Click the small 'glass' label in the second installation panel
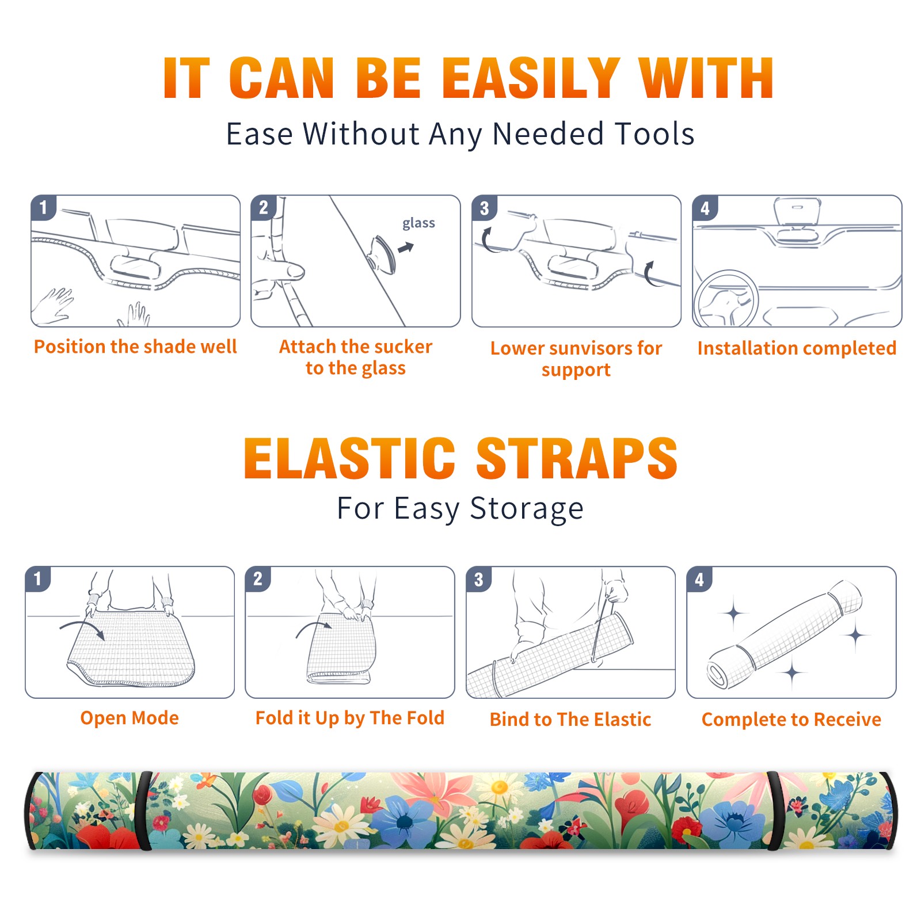(418, 223)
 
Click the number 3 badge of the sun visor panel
(484, 208)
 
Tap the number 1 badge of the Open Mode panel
(38, 579)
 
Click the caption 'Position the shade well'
(135, 347)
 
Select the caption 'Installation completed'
(797, 348)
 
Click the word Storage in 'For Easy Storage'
(527, 509)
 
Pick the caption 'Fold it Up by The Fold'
(350, 718)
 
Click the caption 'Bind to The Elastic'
(570, 719)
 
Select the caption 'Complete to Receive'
(791, 719)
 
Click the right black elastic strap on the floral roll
(774, 811)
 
